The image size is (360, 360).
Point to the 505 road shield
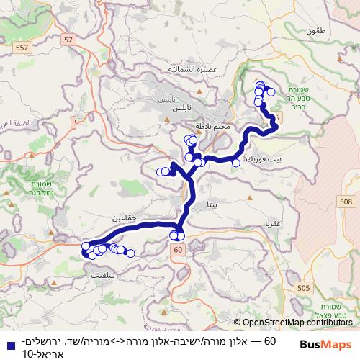coord(303,287)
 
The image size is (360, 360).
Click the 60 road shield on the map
coord(176,248)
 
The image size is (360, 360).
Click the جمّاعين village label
coord(124,216)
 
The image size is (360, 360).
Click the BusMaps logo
coord(325,345)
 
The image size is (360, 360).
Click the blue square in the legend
coord(6,345)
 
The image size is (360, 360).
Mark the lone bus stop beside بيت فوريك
coord(236,163)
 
